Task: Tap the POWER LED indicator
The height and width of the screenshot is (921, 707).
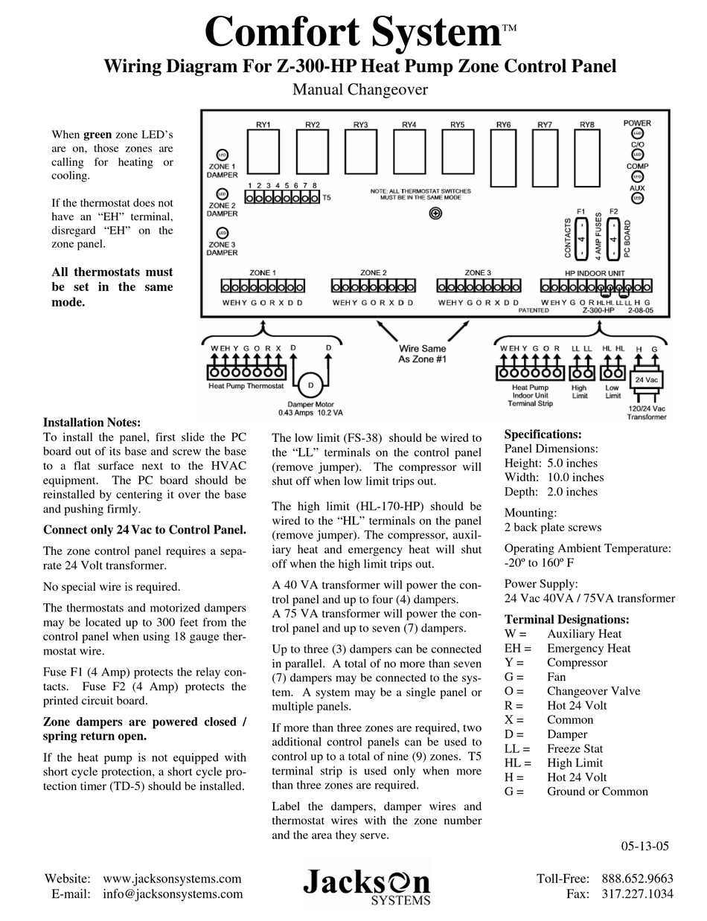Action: coord(637,132)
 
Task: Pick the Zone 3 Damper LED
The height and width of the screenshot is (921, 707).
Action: coord(222,234)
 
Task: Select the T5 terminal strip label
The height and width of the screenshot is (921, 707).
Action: coord(327,199)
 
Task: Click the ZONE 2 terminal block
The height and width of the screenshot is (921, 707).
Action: coord(372,286)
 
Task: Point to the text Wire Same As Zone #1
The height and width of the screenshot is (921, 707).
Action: coord(423,353)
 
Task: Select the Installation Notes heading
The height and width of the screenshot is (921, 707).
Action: coord(92,423)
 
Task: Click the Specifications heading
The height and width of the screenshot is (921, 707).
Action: coord(543,434)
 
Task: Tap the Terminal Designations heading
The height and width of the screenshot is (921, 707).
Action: coord(566,619)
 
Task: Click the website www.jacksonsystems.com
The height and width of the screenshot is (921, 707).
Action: coord(172,879)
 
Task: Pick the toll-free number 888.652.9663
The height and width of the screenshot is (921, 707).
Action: coord(637,879)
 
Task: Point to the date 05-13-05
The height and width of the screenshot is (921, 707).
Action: coord(645,845)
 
